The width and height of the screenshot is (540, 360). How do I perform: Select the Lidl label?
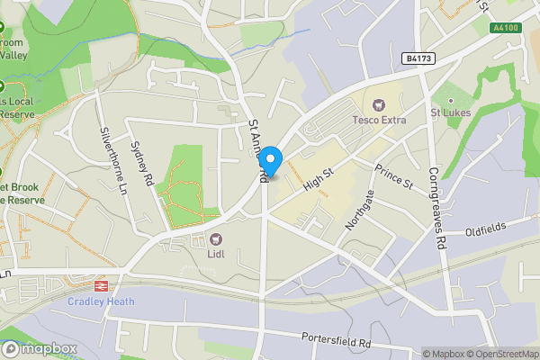click(x=217, y=256)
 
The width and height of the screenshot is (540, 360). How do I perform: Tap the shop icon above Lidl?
click(x=217, y=239)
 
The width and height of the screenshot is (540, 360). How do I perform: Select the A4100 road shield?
click(x=508, y=29)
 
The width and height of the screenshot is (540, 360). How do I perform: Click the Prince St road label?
click(x=393, y=176)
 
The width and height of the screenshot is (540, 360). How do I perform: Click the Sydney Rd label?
click(x=138, y=159)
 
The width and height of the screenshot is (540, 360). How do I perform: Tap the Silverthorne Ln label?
click(x=113, y=160)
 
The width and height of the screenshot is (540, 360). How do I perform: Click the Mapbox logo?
click(x=39, y=349)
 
